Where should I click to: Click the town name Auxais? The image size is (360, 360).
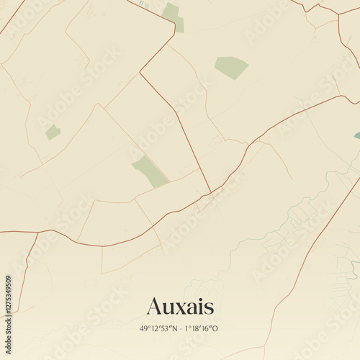coord(180,306)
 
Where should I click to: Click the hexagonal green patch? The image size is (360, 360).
coord(230,68)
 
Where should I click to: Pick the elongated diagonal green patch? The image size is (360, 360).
coord(150,171)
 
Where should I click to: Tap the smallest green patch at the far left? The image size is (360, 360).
coord(53,132)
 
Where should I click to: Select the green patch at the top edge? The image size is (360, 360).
coord(173,16)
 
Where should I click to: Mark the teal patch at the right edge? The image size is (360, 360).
coord(357,135)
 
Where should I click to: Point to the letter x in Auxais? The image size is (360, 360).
coord(181,307)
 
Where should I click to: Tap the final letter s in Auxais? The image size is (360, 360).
coord(209,307)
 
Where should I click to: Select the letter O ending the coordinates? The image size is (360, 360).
coord(215,328)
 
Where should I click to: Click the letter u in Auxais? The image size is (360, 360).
coord(168,307)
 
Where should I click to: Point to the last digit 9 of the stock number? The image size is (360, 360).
coord(8,279)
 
